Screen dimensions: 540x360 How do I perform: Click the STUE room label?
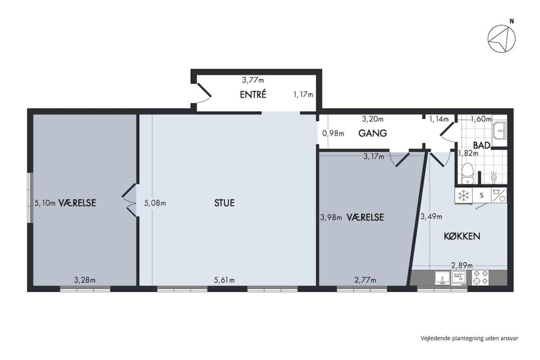tap(224, 203)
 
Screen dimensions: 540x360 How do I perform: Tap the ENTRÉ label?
tap(253, 94)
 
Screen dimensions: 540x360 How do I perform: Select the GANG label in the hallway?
tap(373, 133)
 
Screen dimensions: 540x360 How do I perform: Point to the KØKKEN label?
tap(462, 236)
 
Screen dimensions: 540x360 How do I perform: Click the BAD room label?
tap(481, 145)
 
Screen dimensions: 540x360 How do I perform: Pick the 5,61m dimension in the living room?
tap(224, 280)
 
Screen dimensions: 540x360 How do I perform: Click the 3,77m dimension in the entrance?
tap(253, 80)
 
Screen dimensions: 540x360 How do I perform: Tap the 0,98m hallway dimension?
tap(333, 133)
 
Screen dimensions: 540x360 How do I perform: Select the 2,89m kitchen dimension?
tap(462, 265)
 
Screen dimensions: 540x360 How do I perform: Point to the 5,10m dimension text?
tap(45, 203)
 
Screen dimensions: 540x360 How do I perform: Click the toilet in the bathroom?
tap(468, 173)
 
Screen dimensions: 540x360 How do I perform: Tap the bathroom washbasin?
tap(499, 130)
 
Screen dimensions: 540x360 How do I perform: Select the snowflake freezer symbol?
tap(463, 195)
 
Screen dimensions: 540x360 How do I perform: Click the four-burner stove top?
tap(480, 278)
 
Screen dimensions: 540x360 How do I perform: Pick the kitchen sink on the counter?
tap(442, 278)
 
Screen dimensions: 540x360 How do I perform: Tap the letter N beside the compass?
tap(512, 21)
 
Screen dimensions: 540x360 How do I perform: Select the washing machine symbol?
tap(499, 195)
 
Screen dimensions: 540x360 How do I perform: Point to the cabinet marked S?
tap(481, 195)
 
